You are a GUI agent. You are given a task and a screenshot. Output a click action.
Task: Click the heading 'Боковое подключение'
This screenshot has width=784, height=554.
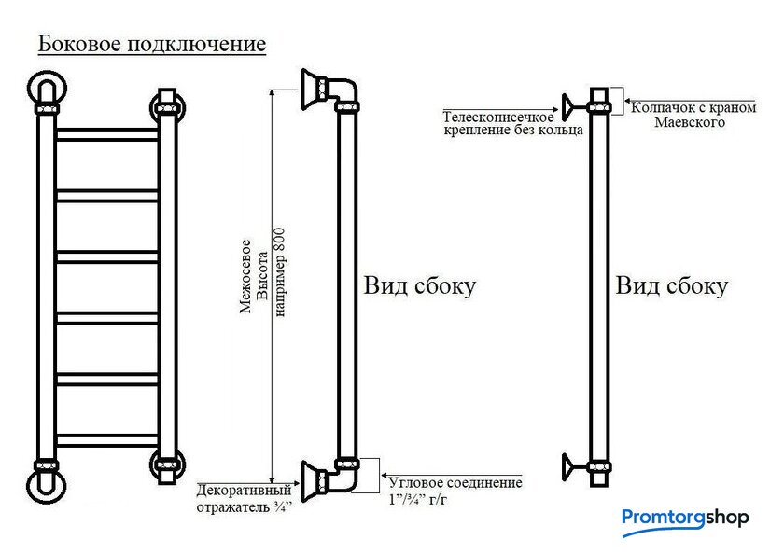tap(152, 44)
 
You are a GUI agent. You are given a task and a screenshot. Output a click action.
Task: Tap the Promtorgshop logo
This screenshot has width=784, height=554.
tap(685, 519)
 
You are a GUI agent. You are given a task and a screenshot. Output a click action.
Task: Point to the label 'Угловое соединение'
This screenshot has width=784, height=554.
tap(455, 482)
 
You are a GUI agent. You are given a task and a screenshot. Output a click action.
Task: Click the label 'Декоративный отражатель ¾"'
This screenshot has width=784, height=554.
tap(244, 498)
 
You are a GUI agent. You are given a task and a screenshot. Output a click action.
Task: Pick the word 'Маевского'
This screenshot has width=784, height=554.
tap(690, 122)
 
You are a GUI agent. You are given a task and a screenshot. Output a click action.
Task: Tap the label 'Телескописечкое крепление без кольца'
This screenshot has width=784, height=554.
tap(513, 123)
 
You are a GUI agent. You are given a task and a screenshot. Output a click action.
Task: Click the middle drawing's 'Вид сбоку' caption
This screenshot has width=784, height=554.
tap(419, 286)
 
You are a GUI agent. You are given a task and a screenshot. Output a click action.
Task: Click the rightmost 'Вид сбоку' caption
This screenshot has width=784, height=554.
tap(671, 286)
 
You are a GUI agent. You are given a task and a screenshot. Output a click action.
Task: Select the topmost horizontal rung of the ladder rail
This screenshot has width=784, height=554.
tap(107, 134)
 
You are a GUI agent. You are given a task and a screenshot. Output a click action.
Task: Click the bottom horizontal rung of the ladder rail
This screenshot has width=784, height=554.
tap(107, 440)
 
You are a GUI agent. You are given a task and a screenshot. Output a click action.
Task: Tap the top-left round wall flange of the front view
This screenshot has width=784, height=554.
tap(46, 90)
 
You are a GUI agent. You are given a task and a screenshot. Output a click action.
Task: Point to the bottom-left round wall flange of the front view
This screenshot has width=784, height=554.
tap(46, 488)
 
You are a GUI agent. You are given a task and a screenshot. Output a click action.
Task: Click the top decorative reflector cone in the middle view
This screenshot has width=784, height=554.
tap(313, 90)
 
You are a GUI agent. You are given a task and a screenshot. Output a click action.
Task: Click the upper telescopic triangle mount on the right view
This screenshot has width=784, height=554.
tap(568, 107)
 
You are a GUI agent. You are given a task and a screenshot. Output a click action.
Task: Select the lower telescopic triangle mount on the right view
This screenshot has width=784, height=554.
tap(568, 467)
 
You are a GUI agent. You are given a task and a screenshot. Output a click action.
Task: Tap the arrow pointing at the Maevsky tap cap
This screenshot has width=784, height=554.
tap(689, 102)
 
